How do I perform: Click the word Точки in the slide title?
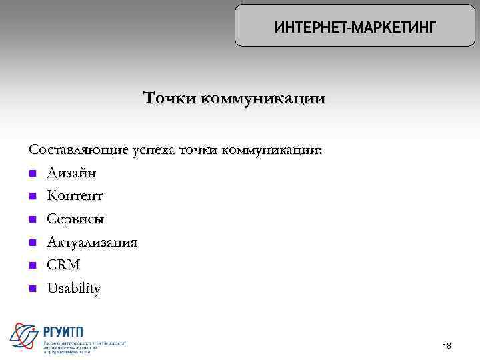pos(169,99)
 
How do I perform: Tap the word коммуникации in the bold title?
pos(263,99)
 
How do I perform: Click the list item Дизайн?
pos(71,173)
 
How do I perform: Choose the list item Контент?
pos(75,196)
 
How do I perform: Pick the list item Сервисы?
pos(75,219)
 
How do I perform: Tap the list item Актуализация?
pos(91,242)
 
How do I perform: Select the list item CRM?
pos(63,265)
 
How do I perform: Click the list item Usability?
pos(73,289)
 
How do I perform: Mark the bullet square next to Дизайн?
pos(32,174)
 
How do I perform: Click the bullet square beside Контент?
pos(32,197)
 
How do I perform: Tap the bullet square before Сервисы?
pos(32,220)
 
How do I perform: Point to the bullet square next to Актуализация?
pos(32,243)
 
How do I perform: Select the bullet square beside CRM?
pos(32,266)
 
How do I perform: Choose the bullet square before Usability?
pos(32,289)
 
